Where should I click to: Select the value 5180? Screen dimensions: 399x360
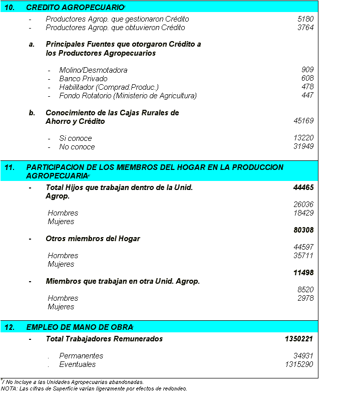305,19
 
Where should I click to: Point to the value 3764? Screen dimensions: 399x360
305,28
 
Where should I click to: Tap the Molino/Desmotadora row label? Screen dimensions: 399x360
93,70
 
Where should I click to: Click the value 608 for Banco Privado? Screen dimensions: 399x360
307,78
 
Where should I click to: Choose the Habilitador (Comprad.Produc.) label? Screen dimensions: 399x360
109,87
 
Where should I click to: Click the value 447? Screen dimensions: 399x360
307,95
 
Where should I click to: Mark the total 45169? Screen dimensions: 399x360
303,121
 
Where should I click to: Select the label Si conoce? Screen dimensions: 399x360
75,138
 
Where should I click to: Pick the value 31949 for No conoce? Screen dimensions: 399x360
303,146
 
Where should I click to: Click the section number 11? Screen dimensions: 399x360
9,167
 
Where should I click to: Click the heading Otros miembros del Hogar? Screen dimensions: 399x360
93,239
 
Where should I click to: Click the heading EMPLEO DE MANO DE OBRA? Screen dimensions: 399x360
79,327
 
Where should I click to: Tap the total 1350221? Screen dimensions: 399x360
299,339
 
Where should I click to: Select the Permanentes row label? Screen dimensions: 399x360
81,356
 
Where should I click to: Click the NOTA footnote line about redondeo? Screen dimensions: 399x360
94,388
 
